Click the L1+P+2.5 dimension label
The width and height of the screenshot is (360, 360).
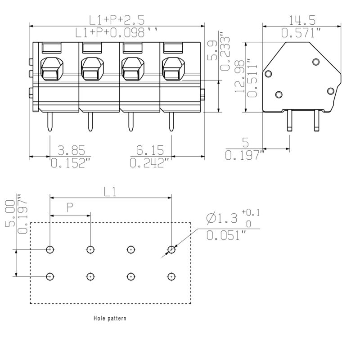coord(117,19)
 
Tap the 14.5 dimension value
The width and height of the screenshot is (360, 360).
coord(302,20)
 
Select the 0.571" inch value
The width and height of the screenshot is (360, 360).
coord(301,33)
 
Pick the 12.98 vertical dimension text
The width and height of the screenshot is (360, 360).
coord(240,76)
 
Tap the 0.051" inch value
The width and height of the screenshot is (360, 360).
coord(226,235)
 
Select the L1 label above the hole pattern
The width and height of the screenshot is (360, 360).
coord(110,192)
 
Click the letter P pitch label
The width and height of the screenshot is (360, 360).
coord(70,207)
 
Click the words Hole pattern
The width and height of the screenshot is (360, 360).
coord(110,318)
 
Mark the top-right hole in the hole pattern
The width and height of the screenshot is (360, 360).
coord(171,249)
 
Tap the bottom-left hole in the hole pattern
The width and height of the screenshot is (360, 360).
coord(50,276)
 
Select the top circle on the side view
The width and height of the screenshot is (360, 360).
coord(316,62)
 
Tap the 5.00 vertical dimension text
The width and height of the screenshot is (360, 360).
coord(9,214)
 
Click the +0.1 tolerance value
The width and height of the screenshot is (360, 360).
coord(251,212)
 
